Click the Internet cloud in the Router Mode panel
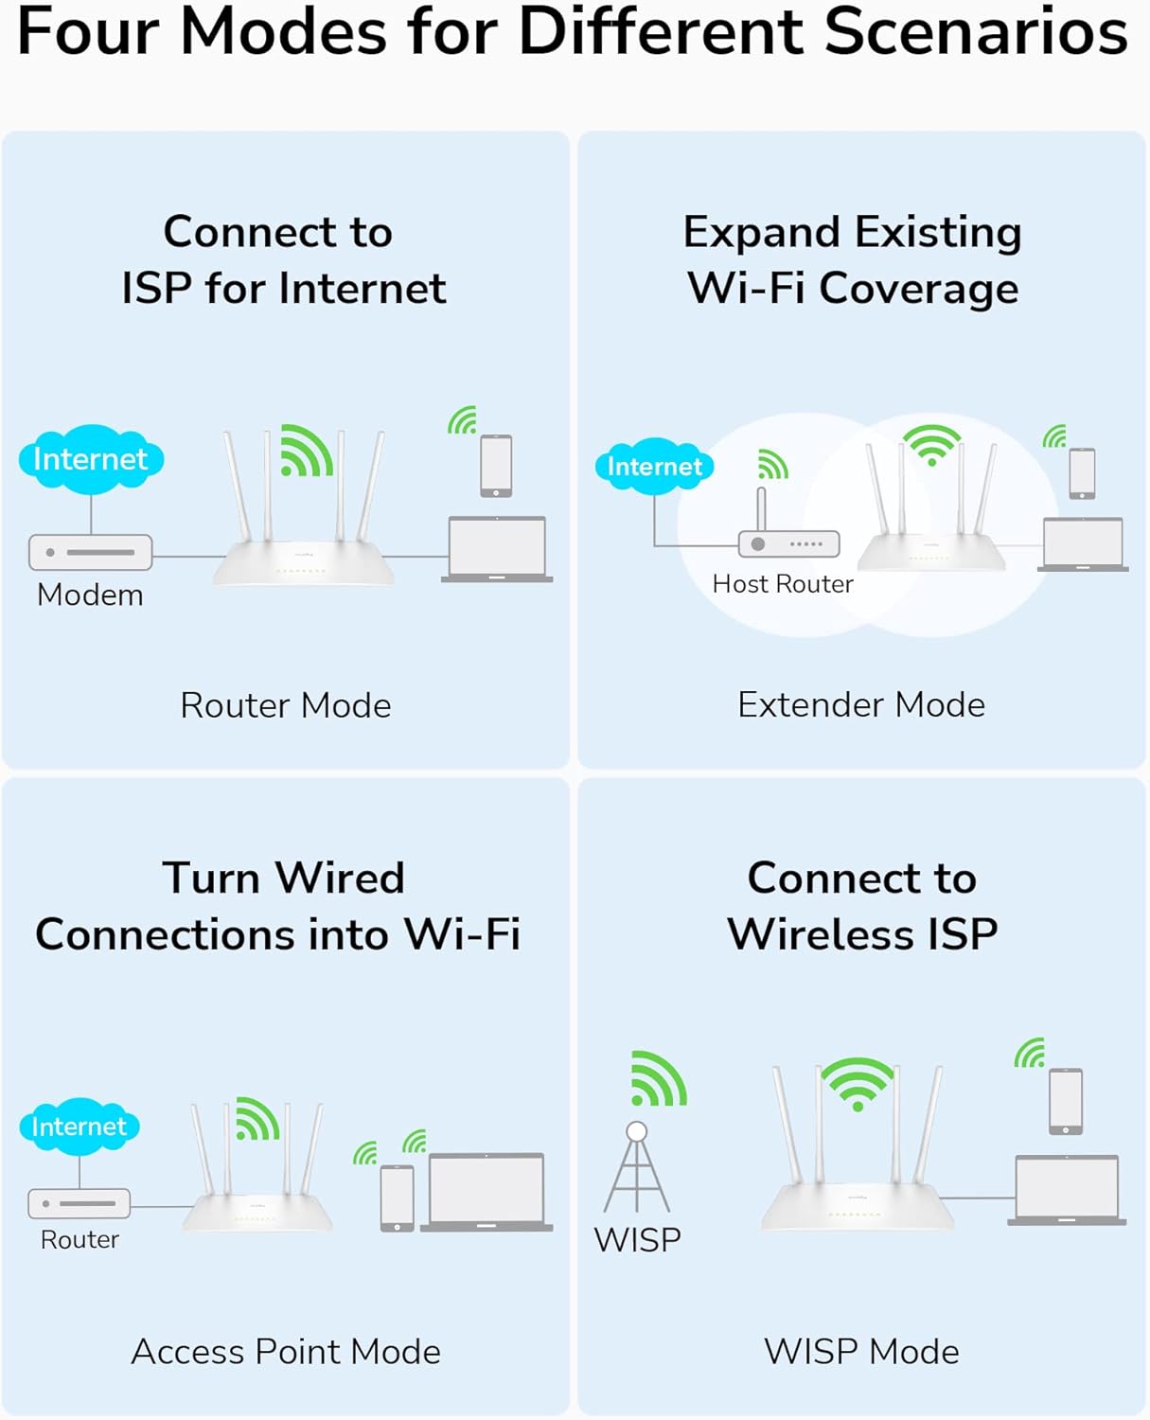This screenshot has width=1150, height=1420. pos(91,459)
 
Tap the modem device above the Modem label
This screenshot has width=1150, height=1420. pos(91,552)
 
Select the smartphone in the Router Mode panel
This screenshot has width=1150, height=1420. pos(496,466)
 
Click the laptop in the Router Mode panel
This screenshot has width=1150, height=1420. pos(497,549)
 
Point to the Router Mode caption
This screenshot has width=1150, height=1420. pos(286,705)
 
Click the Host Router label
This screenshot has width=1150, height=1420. pos(783,584)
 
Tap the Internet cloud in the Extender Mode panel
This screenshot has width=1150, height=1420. pos(654,466)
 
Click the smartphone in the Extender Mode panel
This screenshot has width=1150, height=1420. pos(1082,473)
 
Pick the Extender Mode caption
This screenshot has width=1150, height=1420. pos(861,704)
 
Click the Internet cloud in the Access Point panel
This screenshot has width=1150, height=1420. pos(80,1127)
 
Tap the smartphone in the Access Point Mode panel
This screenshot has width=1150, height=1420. pos(398,1198)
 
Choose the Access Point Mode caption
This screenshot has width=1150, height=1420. pos(286,1352)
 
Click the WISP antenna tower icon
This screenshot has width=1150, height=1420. pos(637,1168)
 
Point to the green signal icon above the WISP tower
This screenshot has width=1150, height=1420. pos(658,1079)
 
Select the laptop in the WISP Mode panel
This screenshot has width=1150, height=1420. pos(1067,1190)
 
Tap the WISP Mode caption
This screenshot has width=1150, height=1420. pos(861,1352)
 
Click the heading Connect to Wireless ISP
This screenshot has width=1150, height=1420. pos(861,906)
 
